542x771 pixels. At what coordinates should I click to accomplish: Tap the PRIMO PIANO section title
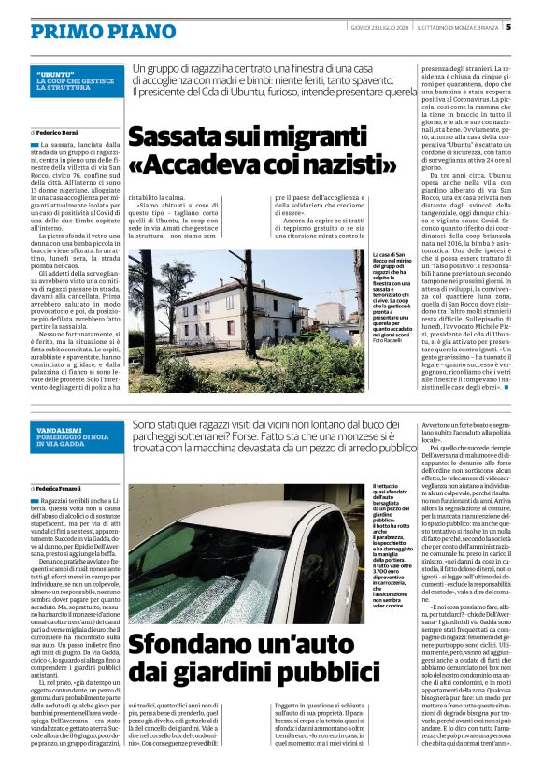[90, 33]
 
